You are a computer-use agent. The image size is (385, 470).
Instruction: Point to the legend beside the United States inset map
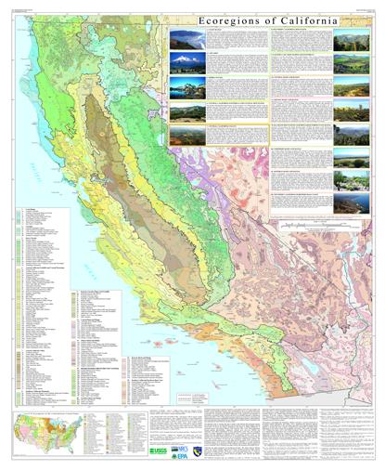[100, 437]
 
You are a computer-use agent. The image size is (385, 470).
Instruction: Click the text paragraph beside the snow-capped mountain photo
[222, 64]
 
